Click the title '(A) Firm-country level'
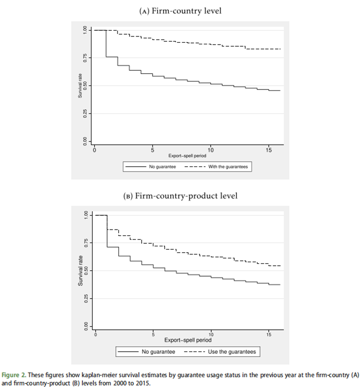pos(180,11)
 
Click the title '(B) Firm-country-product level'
pos(180,196)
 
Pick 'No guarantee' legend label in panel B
pos(159,352)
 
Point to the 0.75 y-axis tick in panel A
pos(84,58)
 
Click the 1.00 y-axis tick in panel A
pos(84,30)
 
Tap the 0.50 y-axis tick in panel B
pos(86,271)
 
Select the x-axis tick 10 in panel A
pos(211,150)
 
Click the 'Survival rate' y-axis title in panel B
pos(80,271)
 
